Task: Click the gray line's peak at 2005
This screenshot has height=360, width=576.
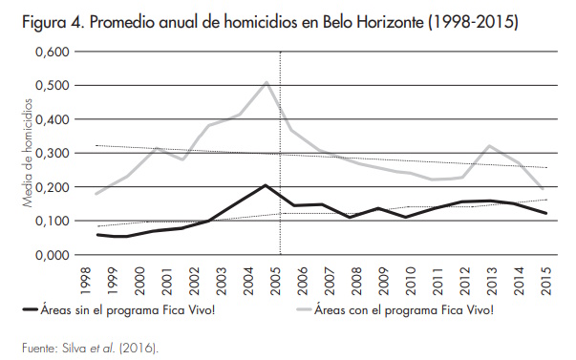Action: (x=266, y=82)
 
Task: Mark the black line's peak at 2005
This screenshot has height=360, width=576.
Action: (x=265, y=185)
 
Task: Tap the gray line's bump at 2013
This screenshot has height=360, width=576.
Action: (x=489, y=146)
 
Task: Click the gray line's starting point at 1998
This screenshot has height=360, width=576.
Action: (x=97, y=194)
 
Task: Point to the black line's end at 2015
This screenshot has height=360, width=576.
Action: (x=544, y=213)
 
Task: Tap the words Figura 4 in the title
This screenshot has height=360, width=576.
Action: (x=44, y=19)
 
